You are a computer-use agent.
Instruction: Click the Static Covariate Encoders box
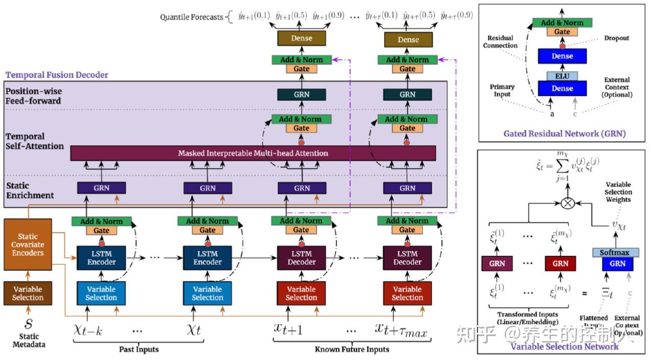click(x=28, y=244)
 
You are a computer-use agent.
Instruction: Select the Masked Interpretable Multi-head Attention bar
click(x=253, y=153)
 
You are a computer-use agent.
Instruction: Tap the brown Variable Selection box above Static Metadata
click(x=28, y=293)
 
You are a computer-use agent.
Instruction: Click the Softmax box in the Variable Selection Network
click(x=614, y=252)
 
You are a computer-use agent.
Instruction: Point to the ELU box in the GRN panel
click(x=562, y=75)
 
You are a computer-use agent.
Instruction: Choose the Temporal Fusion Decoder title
click(x=57, y=75)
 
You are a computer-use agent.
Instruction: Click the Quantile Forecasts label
click(x=192, y=17)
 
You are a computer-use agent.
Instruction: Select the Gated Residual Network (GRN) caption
click(x=564, y=134)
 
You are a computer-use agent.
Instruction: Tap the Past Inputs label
click(x=139, y=349)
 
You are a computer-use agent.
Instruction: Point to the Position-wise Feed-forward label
click(x=33, y=96)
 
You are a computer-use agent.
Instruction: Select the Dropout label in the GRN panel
click(x=616, y=38)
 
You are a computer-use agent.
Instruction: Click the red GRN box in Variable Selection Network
click(x=560, y=264)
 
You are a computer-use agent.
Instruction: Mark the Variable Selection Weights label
click(x=618, y=192)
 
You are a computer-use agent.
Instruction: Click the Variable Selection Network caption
click(x=564, y=346)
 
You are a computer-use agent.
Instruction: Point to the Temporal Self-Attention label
click(x=35, y=141)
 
